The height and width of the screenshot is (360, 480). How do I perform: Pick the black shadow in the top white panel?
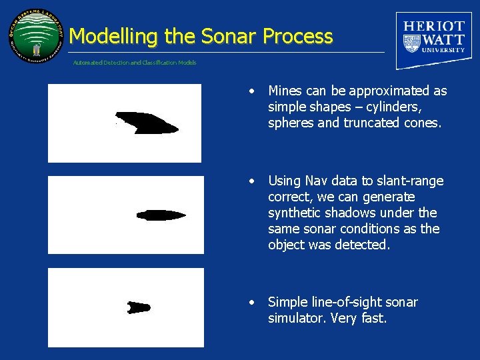tap(147, 123)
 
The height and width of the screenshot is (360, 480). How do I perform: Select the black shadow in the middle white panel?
tap(161, 215)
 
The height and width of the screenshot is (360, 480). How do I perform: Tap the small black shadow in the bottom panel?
tap(139, 307)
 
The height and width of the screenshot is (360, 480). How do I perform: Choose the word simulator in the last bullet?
tap(296, 318)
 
